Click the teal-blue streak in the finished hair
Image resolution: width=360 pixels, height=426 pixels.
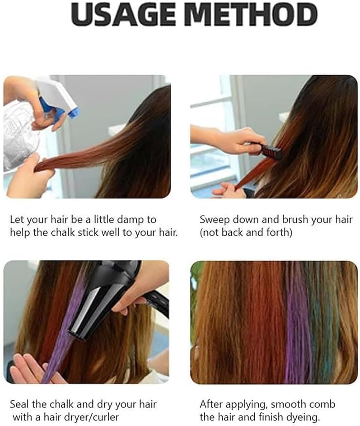pyautogui.click(x=322, y=324)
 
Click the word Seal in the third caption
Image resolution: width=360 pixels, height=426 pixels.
pyautogui.click(x=18, y=404)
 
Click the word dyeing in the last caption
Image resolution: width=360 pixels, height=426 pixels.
pyautogui.click(x=307, y=417)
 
